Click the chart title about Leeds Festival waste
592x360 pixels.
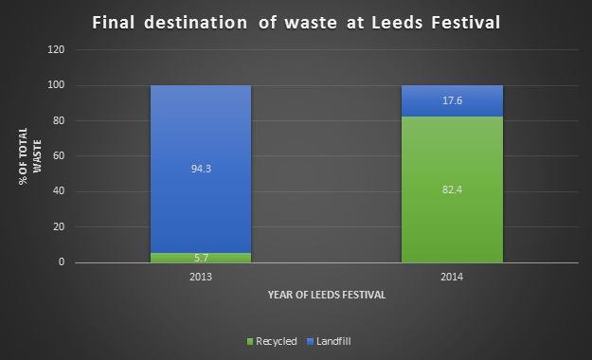(x=295, y=22)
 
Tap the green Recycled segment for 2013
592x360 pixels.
(x=201, y=257)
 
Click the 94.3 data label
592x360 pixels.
(x=201, y=169)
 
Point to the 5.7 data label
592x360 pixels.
(x=201, y=257)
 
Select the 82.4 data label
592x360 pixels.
(x=452, y=189)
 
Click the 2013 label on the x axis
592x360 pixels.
(x=201, y=278)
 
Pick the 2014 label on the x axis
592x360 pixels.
(x=452, y=278)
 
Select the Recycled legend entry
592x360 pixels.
(x=274, y=339)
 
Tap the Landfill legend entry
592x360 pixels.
(x=329, y=339)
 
